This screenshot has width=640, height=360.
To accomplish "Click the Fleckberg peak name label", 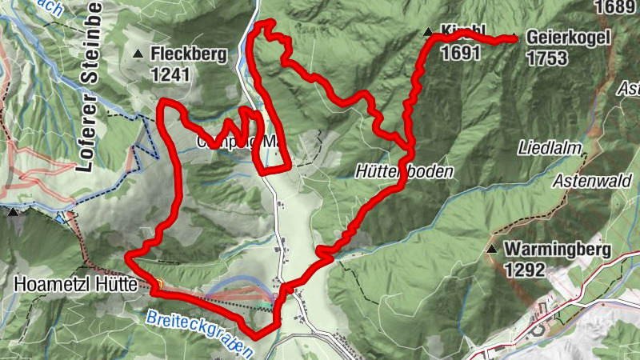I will pyautogui.click(x=188, y=56).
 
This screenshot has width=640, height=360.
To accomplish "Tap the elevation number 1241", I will pyautogui.click(x=172, y=74).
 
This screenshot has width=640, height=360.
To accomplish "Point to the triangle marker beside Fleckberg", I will pyautogui.click(x=139, y=54).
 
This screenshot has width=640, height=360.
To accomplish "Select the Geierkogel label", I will pyautogui.click(x=569, y=38).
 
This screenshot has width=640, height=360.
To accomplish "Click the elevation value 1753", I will pyautogui.click(x=547, y=58).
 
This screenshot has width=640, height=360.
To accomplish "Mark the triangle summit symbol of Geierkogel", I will pyautogui.click(x=514, y=37).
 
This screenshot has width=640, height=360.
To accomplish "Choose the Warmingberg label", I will pyautogui.click(x=558, y=250).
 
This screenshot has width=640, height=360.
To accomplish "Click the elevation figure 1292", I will pyautogui.click(x=526, y=270).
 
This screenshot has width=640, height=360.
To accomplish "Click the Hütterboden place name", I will pyautogui.click(x=405, y=171).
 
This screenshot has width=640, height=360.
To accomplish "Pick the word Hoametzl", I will pyautogui.click(x=46, y=284).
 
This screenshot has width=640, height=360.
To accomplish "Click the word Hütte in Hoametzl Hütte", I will pyautogui.click(x=116, y=284).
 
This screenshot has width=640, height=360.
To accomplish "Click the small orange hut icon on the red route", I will pyautogui.click(x=159, y=282).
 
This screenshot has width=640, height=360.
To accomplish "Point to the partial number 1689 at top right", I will pyautogui.click(x=617, y=7).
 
